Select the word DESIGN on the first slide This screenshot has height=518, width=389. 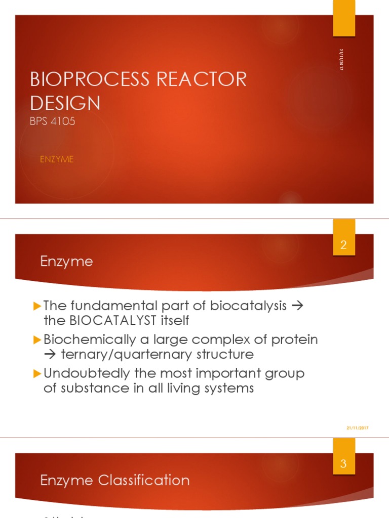pos(65,103)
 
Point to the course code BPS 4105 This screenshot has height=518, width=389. pos(53,121)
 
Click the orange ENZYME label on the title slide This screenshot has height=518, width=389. pos(57,159)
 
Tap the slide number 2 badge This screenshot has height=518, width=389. pos(343,245)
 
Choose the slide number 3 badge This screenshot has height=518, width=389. pos(343,463)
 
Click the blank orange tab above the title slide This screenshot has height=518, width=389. pos(343,18)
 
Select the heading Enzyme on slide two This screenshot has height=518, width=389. pos(66,262)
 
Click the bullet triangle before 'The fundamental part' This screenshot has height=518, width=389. pos(36,306)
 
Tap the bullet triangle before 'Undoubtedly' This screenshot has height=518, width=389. pos(36,374)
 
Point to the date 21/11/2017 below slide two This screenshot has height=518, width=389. pos(358,428)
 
